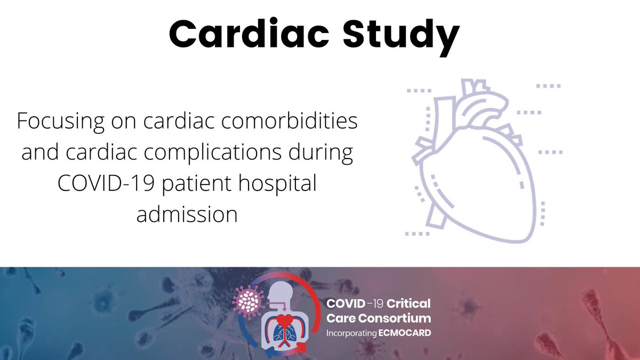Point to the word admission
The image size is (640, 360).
click(187, 214)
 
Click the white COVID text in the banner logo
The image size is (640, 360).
click(346, 304)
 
